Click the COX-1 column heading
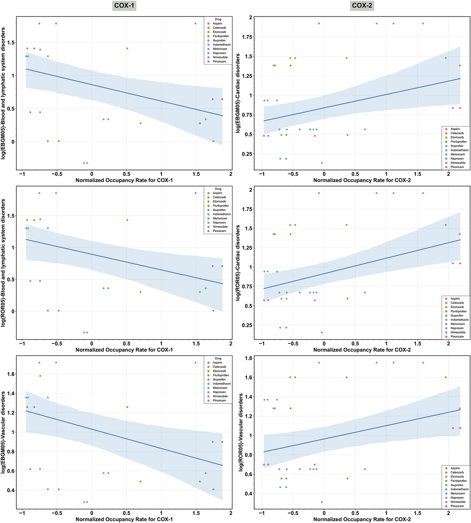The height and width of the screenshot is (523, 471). [124, 5]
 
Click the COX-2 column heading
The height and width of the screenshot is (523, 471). [362, 5]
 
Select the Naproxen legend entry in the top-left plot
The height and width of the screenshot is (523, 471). [219, 53]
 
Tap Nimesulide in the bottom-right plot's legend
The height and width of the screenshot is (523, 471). [458, 502]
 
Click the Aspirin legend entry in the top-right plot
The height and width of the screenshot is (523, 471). [455, 129]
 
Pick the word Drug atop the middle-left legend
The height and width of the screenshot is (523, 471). [218, 189]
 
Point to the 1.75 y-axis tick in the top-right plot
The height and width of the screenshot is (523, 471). [247, 37]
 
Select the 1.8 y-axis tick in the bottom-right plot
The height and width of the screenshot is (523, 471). [248, 358]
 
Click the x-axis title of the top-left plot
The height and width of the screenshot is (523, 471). [124, 180]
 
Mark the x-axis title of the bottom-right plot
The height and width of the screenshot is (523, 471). [362, 519]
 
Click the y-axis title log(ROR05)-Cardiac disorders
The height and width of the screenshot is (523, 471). [238, 263]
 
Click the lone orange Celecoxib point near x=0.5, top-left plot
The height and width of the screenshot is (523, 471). [127, 48]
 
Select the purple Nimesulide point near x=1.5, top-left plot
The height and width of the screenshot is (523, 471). [195, 23]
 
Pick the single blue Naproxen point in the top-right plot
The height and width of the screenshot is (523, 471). [322, 163]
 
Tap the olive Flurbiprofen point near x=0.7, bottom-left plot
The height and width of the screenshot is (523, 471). [140, 481]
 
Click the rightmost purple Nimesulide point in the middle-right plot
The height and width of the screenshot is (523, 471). [423, 193]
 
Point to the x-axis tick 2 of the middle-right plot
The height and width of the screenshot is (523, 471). [448, 343]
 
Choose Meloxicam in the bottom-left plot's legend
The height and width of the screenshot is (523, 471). [220, 388]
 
